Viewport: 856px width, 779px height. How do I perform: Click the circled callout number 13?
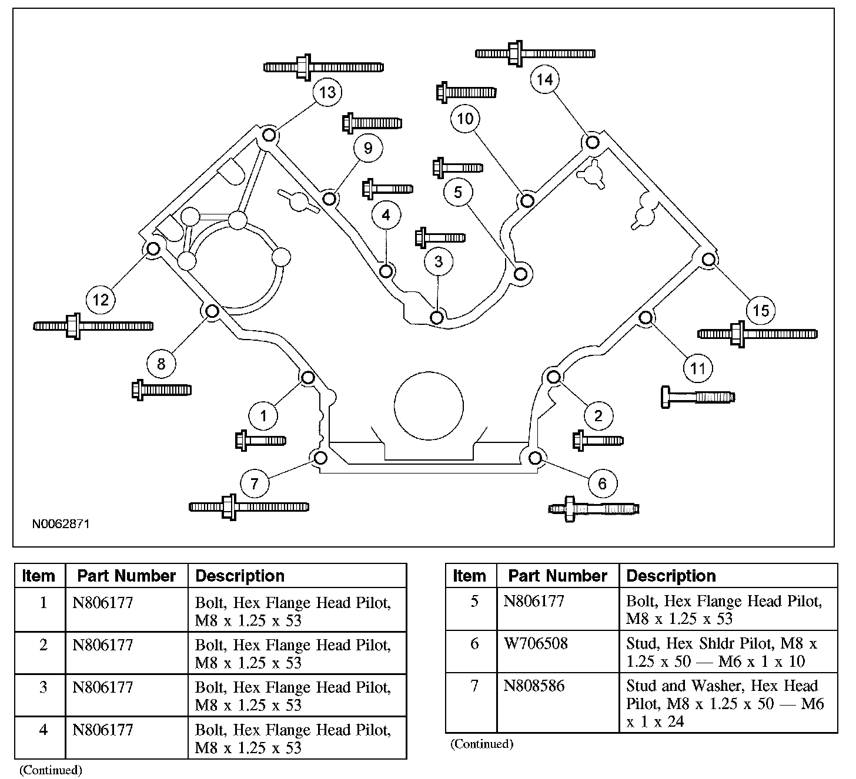[327, 92]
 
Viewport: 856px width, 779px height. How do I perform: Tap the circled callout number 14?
[545, 79]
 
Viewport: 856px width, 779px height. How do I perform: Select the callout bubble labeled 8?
[161, 364]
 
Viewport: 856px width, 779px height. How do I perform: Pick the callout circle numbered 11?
[697, 368]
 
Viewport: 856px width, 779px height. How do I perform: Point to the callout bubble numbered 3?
[439, 261]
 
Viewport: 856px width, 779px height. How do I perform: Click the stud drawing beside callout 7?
[249, 506]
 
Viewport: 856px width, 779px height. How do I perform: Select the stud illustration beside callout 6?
[593, 509]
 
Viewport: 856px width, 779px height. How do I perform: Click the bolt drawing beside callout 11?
[698, 397]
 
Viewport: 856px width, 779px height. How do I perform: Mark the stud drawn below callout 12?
[93, 326]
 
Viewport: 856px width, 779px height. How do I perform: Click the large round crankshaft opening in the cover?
[429, 406]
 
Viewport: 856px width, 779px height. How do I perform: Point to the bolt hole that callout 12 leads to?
[153, 249]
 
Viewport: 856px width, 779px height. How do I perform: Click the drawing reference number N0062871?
[61, 523]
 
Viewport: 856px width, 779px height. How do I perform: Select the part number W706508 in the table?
[536, 643]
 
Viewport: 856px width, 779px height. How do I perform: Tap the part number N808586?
[534, 686]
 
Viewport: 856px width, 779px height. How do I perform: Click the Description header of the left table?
[239, 576]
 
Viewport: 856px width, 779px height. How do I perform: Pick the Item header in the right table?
[469, 576]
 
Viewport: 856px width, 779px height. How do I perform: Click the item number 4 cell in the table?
[43, 730]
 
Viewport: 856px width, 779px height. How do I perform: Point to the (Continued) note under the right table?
[481, 744]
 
